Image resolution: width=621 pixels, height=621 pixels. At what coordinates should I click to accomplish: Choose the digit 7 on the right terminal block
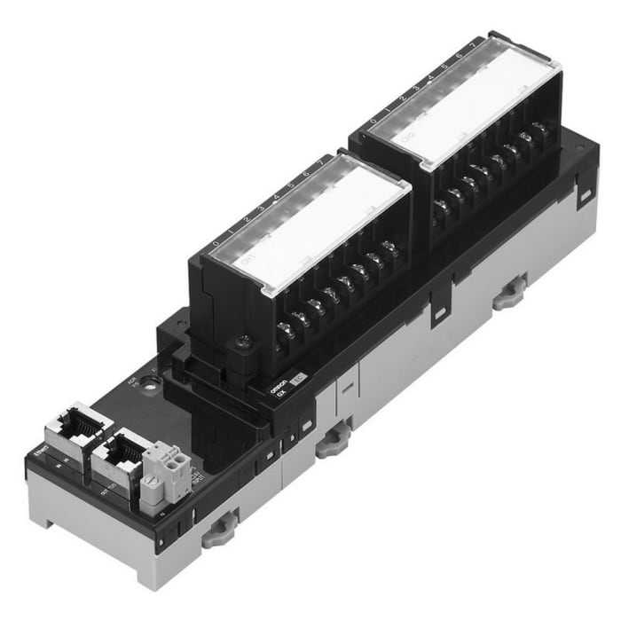473,44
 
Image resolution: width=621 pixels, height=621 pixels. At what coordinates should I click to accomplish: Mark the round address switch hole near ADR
155,383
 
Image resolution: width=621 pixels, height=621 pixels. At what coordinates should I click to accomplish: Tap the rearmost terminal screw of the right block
540,130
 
